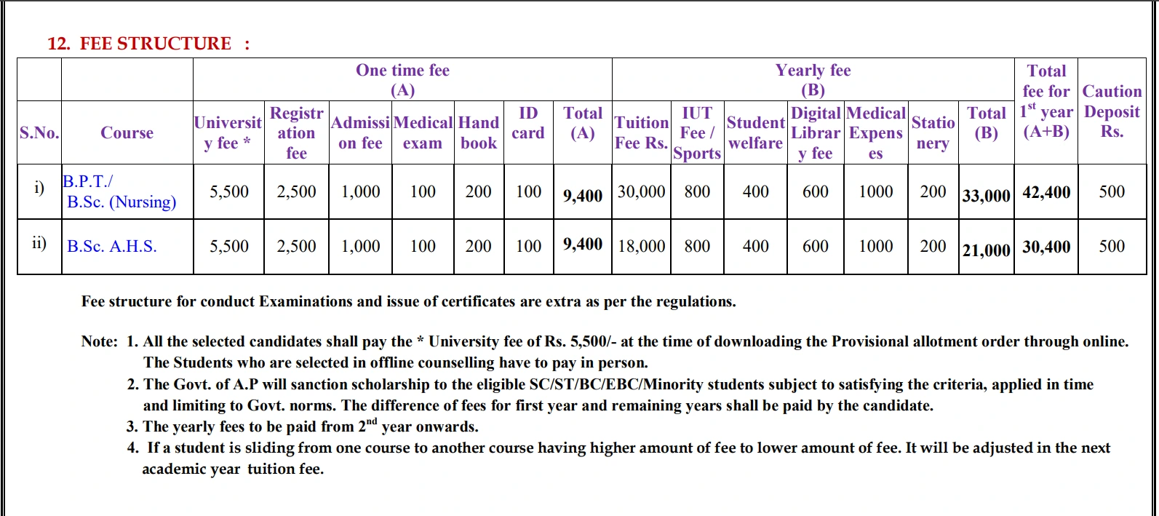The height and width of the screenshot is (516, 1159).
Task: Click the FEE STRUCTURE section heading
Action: [148, 44]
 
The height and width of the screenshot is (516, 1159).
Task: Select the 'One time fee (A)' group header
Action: [402, 79]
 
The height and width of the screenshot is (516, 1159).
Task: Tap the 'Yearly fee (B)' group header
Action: [813, 79]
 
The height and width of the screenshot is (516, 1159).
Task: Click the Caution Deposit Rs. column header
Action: [1112, 111]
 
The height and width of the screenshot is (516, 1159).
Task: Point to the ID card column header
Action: [528, 123]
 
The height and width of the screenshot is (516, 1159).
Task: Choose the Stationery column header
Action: [933, 132]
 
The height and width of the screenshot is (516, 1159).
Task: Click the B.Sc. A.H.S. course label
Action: [112, 247]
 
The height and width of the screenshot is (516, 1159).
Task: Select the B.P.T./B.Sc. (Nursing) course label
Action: [120, 192]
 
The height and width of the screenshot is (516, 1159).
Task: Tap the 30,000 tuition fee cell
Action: [641, 191]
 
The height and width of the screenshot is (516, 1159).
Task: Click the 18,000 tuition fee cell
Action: [641, 246]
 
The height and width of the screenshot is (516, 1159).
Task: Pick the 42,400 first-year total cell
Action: [1046, 193]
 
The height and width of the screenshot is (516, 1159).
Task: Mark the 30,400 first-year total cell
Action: [1046, 247]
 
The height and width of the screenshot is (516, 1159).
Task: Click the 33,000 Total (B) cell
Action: [986, 196]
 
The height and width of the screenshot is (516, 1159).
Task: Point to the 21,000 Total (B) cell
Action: [986, 250]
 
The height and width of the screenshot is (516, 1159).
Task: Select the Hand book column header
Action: [479, 132]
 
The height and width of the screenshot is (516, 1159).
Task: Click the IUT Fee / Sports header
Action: [697, 132]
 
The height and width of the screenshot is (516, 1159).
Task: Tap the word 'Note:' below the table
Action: [99, 341]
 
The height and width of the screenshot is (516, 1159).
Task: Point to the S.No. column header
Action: [39, 132]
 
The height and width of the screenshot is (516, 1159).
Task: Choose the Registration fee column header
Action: [296, 132]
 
